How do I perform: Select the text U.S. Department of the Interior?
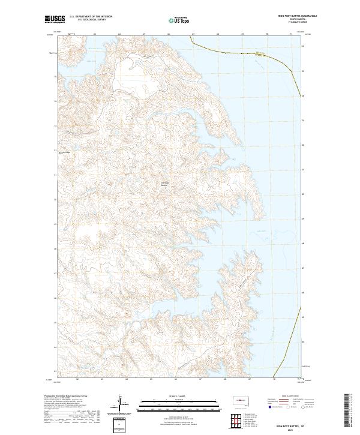tap(91, 16)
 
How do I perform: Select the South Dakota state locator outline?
tap(243, 398)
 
